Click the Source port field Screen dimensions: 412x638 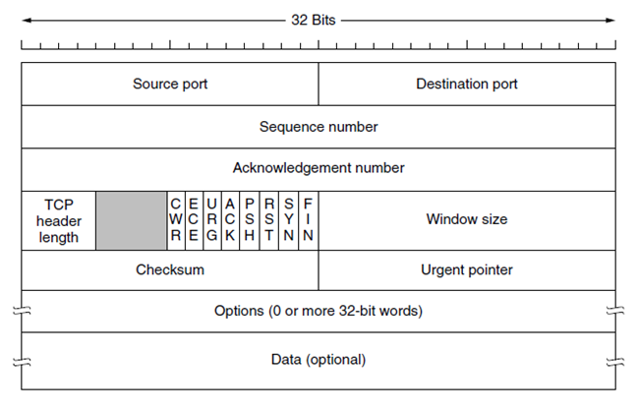(170, 84)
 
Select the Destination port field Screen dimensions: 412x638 (467, 84)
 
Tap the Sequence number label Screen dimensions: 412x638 (319, 127)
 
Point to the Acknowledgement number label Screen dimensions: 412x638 (319, 168)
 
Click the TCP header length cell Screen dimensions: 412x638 (59, 220)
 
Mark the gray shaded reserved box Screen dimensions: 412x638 (132, 220)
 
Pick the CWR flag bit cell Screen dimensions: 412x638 (176, 220)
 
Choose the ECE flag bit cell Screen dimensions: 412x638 (195, 220)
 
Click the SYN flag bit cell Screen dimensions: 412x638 (288, 220)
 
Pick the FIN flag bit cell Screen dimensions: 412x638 (308, 220)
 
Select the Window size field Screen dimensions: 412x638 (467, 219)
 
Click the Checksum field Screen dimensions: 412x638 (170, 269)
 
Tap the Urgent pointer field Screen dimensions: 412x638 (467, 269)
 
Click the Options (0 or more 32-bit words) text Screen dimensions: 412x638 (319, 312)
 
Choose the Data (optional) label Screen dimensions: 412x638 (319, 359)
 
